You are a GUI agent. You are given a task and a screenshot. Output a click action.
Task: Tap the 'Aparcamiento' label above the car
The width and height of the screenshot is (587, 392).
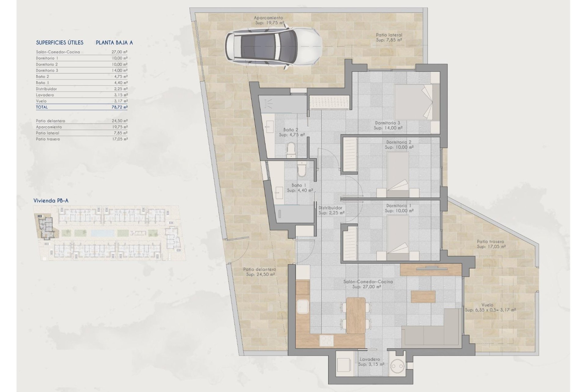tap(268, 18)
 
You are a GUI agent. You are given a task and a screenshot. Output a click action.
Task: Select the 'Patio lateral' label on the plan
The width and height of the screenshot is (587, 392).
tap(389, 35)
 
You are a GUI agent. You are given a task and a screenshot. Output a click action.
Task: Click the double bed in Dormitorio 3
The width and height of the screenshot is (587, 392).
tap(413, 101)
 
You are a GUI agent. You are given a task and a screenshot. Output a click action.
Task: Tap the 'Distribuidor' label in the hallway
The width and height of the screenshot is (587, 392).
tap(330, 208)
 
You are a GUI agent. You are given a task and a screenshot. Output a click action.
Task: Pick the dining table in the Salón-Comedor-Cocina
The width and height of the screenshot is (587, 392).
tap(356, 315)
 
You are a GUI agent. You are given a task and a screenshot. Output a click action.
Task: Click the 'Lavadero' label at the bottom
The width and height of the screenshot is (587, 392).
tap(370, 360)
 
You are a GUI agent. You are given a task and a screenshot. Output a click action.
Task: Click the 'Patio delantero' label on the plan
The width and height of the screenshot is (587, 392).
tap(260, 269)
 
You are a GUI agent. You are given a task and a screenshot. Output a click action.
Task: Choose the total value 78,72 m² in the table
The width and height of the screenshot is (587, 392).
tap(120, 107)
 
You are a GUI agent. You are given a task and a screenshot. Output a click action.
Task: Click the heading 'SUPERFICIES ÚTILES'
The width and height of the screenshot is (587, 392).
tap(60, 43)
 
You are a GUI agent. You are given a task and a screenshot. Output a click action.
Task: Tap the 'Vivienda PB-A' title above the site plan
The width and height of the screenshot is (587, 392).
tap(51, 201)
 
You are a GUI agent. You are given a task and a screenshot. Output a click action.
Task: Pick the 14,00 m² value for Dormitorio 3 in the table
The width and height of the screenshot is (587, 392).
tap(120, 70)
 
